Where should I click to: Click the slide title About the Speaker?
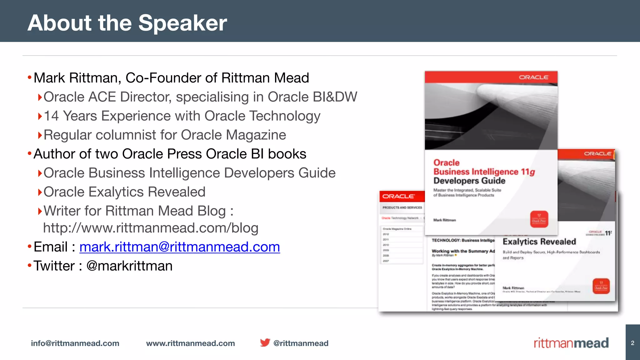127,23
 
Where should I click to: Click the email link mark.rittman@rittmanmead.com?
180,247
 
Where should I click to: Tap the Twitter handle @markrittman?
129,266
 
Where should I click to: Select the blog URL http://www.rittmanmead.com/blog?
151,228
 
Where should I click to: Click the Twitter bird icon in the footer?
265,342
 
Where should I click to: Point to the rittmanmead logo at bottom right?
571,343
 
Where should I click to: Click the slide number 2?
632,343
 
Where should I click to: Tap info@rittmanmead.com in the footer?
75,343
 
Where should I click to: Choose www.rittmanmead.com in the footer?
190,343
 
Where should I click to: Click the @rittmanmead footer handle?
301,343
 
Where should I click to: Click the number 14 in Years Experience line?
51,116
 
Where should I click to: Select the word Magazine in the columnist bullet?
256,135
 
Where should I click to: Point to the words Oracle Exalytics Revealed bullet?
124,192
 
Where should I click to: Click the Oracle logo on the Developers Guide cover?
533,77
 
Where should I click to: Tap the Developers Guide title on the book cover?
469,181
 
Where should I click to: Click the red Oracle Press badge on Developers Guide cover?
539,219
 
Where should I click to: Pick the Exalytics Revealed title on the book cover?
539,242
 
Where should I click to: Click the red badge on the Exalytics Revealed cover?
601,286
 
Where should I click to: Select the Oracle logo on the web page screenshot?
398,196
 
